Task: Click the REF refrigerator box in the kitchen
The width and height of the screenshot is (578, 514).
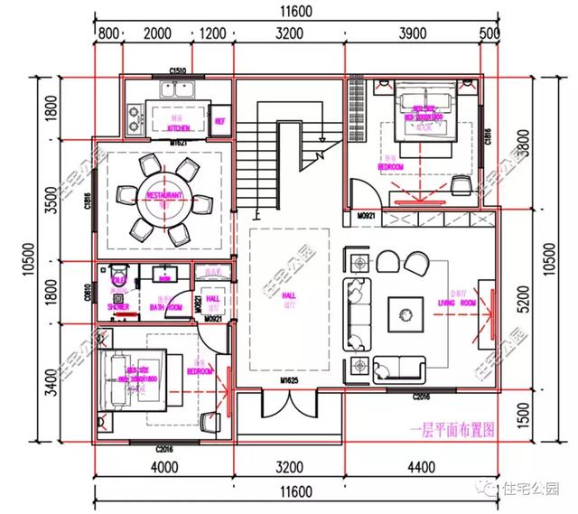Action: [219, 119]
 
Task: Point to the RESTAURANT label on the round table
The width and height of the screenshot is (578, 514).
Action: [164, 194]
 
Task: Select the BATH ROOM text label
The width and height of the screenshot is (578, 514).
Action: [167, 307]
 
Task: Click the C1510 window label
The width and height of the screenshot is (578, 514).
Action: [178, 71]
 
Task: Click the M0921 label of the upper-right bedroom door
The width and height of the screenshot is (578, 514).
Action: [365, 217]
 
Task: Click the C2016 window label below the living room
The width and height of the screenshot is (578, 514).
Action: [423, 397]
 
